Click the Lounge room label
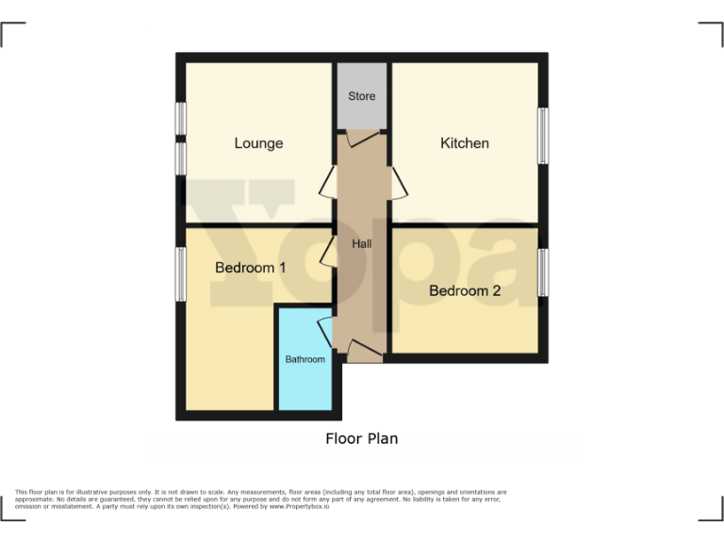258,143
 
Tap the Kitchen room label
465,143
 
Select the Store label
361,96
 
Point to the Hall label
362,244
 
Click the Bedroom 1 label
251,268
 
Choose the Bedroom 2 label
465,290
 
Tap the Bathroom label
305,359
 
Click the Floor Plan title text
362,438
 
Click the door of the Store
361,139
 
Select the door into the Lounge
329,182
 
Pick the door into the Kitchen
398,182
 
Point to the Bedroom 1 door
329,252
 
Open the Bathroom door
326,333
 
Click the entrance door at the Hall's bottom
364,353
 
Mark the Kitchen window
543,137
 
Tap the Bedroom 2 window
543,273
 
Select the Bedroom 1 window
180,274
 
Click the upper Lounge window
180,121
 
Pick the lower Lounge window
180,157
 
